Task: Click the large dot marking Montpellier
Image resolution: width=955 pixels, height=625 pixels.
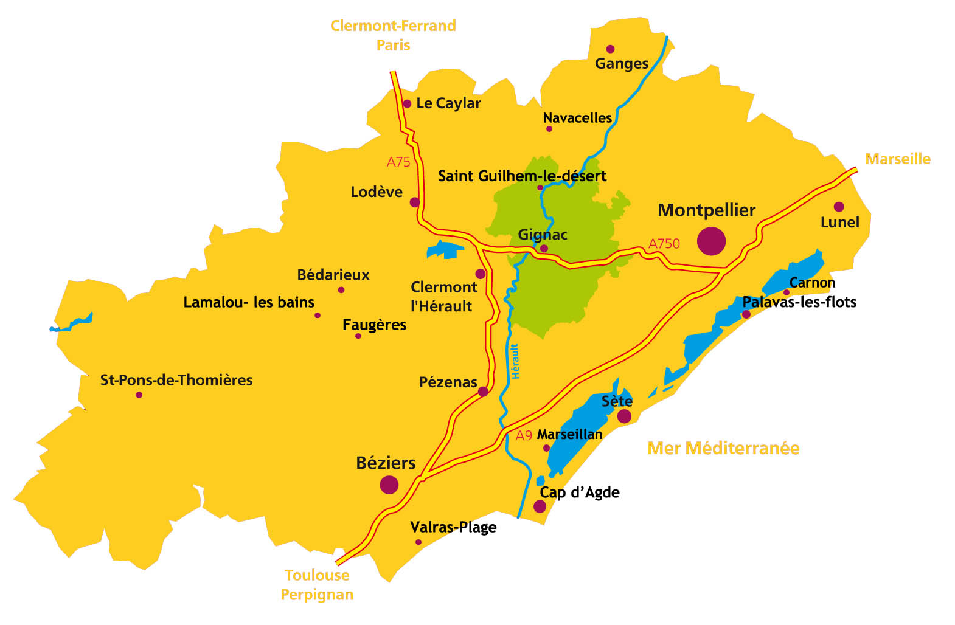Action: coord(711,241)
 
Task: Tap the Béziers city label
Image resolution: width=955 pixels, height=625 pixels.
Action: coord(386,463)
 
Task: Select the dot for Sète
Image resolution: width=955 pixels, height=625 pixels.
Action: coord(624,416)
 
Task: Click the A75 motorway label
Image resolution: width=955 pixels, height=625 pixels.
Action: coord(398,162)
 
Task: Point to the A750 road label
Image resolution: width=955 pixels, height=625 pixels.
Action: coord(664,244)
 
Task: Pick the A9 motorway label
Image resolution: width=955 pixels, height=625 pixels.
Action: coord(524,435)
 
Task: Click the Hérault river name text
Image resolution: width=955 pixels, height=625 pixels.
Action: coord(515,361)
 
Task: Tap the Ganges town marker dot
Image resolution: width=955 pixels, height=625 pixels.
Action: coord(610,49)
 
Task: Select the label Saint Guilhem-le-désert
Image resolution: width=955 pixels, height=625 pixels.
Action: coord(522,176)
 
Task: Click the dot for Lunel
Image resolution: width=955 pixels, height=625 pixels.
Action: coord(839,207)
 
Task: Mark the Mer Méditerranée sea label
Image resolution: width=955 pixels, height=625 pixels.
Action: coord(723,448)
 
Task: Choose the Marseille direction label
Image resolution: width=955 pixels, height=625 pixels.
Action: coord(897,159)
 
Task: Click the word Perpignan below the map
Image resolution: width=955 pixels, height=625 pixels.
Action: coord(316,595)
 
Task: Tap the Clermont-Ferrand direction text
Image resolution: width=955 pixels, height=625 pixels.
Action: coord(393,26)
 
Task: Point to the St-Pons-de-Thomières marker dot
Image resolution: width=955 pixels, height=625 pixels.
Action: coord(139,395)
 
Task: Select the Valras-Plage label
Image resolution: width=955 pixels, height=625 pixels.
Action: coord(453,527)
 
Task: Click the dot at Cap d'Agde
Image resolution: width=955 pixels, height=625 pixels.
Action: coord(540,506)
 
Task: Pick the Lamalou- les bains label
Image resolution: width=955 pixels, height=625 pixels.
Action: coord(249,302)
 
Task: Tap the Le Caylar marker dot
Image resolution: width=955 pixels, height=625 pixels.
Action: coord(407,104)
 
